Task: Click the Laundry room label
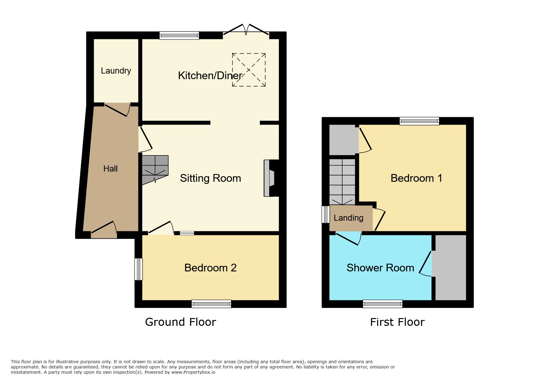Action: [x=116, y=71]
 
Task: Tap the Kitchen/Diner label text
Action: [x=210, y=75]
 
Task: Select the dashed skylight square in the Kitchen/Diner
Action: [x=249, y=70]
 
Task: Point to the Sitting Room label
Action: [x=210, y=178]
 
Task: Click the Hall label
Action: [x=110, y=168]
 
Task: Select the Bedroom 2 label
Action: [x=210, y=268]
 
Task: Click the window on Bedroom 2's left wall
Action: [x=138, y=269]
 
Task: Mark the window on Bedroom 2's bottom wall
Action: [x=211, y=304]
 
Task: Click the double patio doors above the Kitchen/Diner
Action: [x=246, y=29]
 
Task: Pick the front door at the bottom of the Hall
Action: [x=104, y=230]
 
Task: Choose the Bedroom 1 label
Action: [x=416, y=178]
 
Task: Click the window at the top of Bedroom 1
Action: [x=419, y=121]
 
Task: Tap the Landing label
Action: [x=349, y=218]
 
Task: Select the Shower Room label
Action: [x=380, y=268]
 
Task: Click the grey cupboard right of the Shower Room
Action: [x=451, y=267]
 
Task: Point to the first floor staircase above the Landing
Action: [x=342, y=182]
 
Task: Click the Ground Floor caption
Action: [x=180, y=322]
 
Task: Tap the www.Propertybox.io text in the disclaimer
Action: [x=193, y=372]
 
